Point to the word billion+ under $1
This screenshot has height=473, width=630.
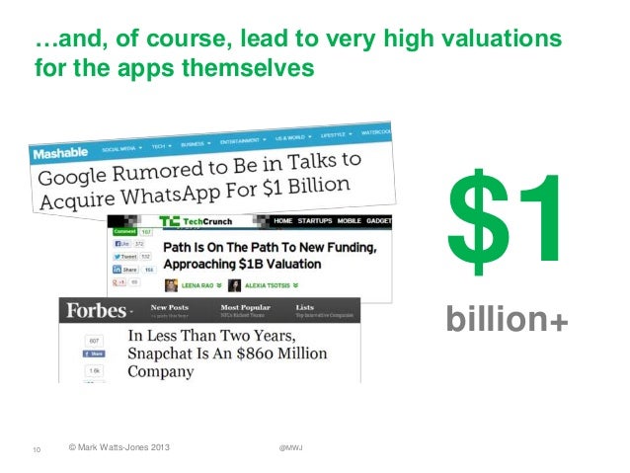point(507,320)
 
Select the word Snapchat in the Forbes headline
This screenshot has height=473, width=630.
point(169,355)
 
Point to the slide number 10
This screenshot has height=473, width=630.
point(36,450)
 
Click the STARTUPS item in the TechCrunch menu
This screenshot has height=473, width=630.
point(334,220)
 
